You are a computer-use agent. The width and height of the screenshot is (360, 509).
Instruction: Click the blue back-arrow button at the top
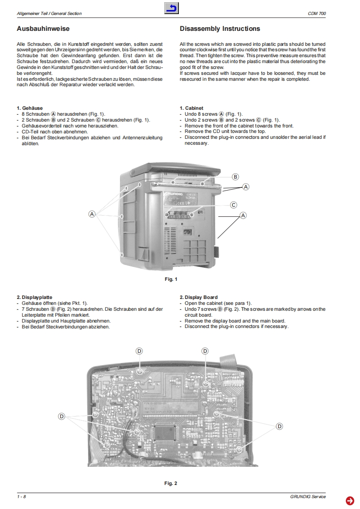pos(172,8)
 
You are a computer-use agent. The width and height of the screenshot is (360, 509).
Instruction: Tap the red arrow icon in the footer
pos(350,500)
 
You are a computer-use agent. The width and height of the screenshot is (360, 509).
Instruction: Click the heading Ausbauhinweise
pos(43,29)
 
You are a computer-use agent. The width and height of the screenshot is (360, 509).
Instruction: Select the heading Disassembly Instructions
pos(220,29)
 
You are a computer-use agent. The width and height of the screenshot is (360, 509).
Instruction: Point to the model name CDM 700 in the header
pos(316,14)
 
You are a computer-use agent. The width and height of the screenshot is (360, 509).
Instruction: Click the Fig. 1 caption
pos(171,279)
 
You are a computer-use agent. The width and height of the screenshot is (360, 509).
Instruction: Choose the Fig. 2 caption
pos(171,483)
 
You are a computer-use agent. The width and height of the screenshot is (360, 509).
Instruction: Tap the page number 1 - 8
pos(21,497)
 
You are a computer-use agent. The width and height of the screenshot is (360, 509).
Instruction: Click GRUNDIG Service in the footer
pos(308,497)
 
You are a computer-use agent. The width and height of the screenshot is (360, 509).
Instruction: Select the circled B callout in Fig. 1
pos(235,176)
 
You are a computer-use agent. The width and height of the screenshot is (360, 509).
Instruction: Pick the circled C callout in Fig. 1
pos(233,205)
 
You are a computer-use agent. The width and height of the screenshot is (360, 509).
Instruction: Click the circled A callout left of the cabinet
pos(92,214)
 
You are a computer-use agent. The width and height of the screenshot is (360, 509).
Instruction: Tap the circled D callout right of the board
pos(280,426)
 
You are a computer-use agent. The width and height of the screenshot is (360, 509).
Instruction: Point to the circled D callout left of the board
pos(62,416)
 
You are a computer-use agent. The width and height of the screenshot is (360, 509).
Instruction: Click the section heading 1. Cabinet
pos(191,108)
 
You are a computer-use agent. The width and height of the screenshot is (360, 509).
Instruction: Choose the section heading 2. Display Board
pos(198,298)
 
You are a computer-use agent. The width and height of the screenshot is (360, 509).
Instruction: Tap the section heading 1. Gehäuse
pos(30,108)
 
